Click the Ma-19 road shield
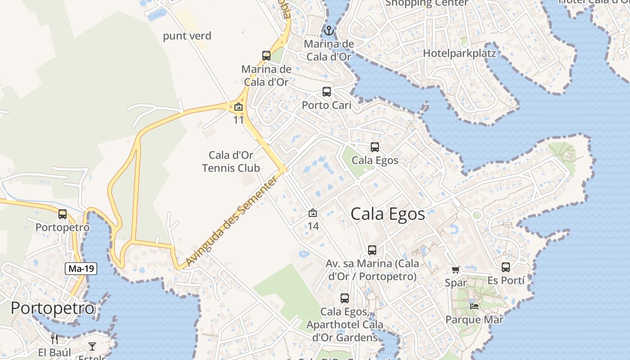coord(81,269)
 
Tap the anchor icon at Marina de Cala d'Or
coord(329,31)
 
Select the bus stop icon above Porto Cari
coord(327,92)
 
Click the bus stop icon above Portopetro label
coord(63,214)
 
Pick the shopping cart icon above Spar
coord(456,270)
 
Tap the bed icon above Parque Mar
coord(474,306)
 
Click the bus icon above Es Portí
coord(506,267)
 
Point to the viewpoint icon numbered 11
coord(238,107)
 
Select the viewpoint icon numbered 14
coord(313,213)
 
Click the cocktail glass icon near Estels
coord(92,346)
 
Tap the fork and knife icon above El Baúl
coord(54,339)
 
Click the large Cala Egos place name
coord(387,214)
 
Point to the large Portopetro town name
coord(53,309)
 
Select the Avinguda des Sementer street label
coord(232,220)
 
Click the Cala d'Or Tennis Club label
coord(231,162)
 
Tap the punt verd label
coord(187,36)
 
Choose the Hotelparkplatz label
coord(459,54)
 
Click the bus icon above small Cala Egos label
coord(375,147)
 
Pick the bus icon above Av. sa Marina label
coord(372,250)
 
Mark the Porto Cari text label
coord(326,105)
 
